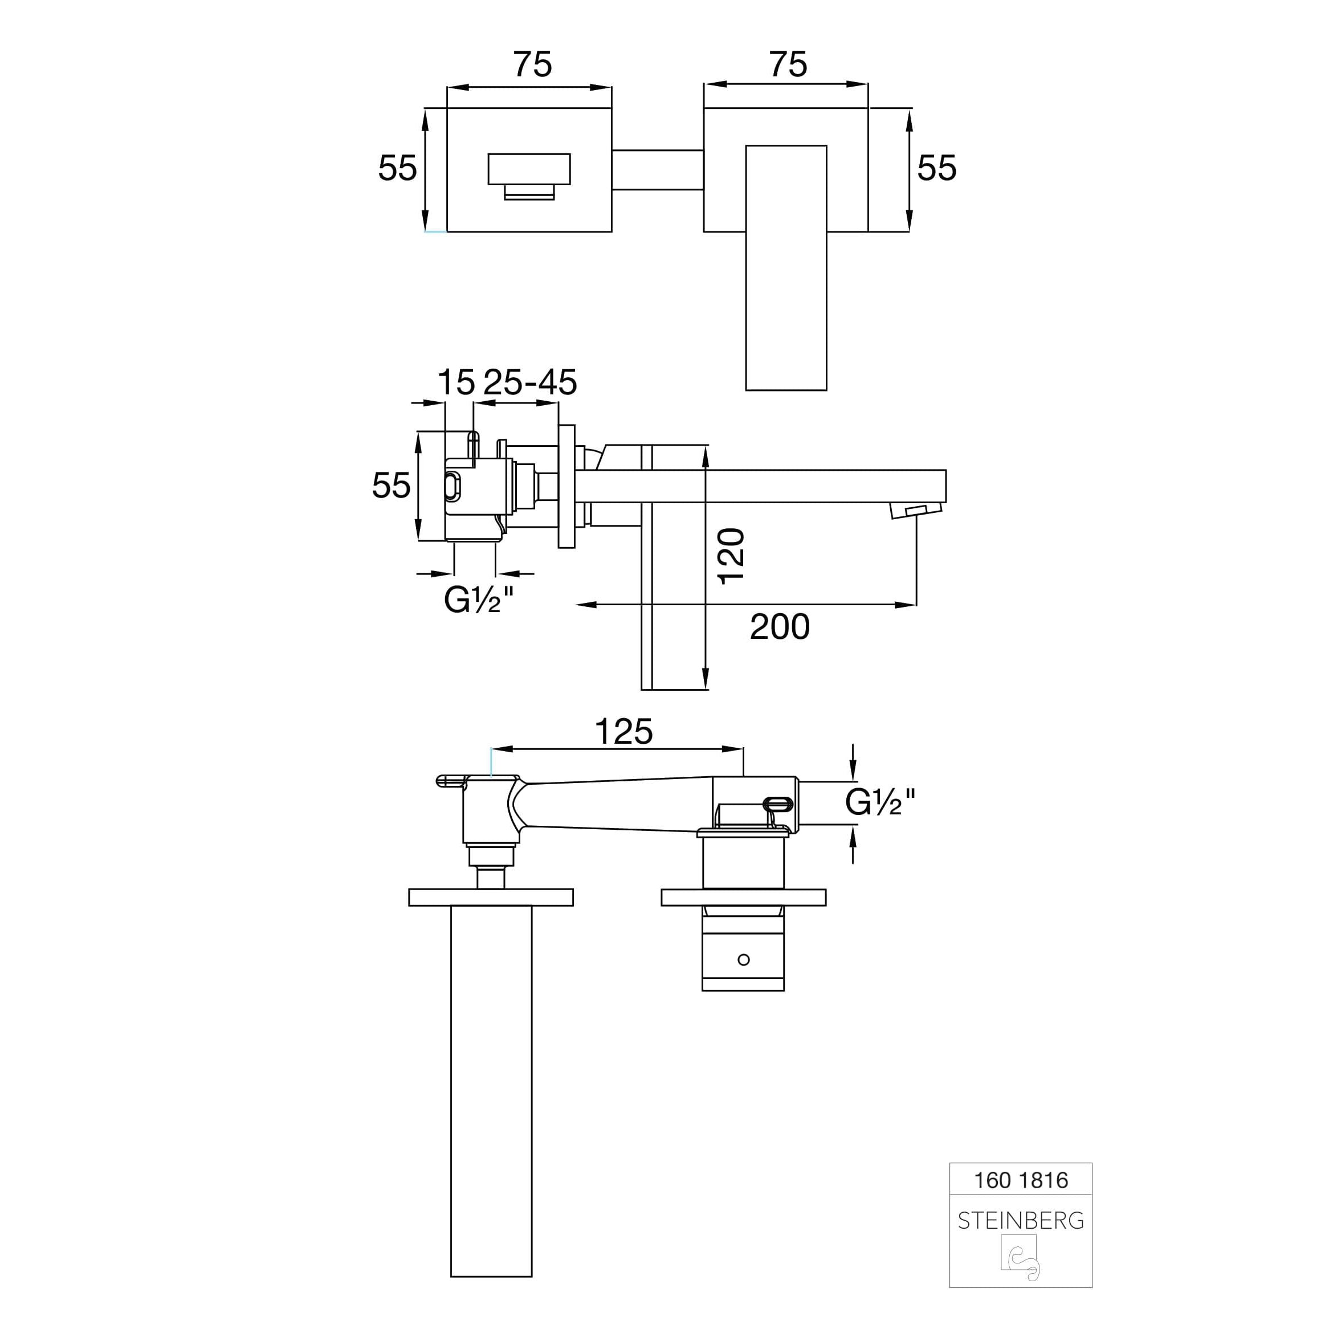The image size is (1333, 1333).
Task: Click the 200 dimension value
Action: click(779, 626)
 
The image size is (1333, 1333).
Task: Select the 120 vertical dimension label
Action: click(731, 556)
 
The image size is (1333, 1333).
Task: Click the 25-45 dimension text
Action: click(530, 382)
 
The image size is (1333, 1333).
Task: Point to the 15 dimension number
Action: click(456, 382)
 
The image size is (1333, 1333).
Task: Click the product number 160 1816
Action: click(1021, 1180)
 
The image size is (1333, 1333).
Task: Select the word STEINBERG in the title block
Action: click(1021, 1221)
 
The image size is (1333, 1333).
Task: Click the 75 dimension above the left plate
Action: click(532, 65)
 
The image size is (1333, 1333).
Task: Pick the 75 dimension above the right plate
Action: click(788, 65)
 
